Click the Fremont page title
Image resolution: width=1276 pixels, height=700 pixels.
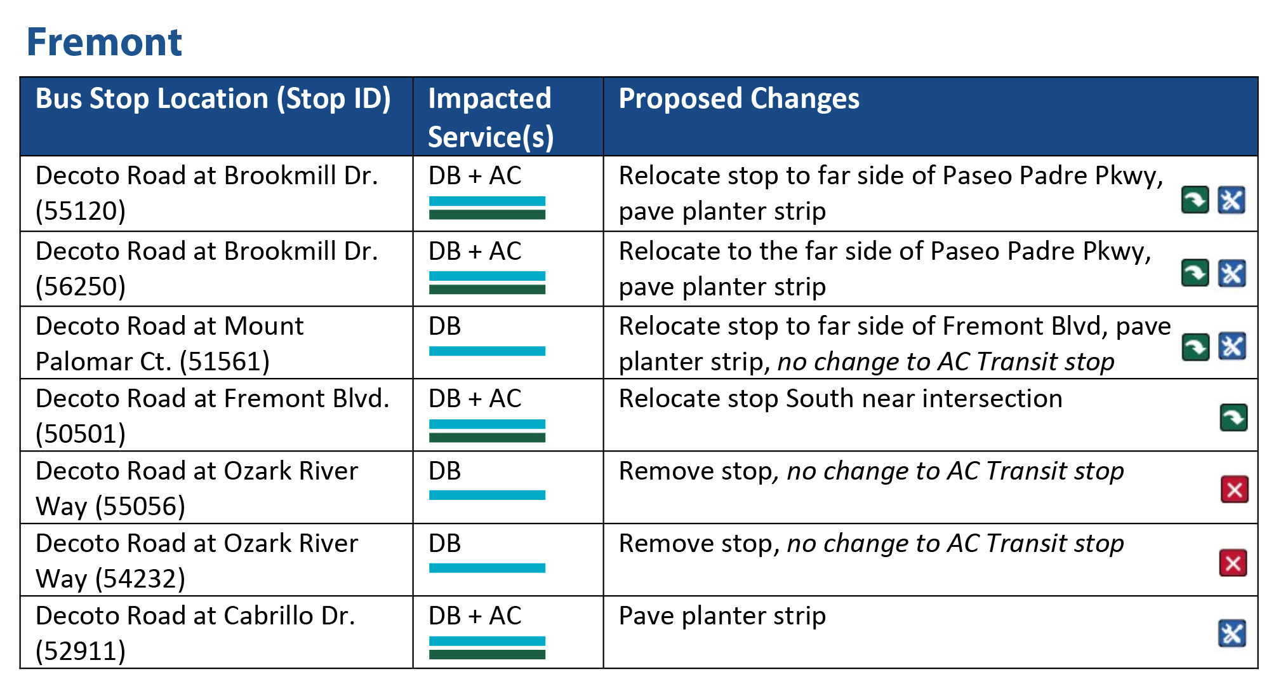[104, 43]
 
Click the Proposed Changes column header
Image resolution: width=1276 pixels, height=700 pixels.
[738, 99]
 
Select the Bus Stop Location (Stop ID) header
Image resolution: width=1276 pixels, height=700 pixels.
[213, 99]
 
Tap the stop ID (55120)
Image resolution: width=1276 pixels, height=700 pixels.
[81, 211]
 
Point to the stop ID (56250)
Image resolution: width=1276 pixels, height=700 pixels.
[81, 286]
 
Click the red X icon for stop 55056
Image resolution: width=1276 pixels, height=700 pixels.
[1234, 490]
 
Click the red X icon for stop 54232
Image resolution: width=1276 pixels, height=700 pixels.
[1233, 563]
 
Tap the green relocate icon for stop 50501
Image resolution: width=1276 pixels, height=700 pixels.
[1233, 418]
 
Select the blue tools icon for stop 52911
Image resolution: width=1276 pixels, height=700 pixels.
[1232, 633]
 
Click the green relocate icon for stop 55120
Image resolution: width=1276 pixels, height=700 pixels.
[1195, 201]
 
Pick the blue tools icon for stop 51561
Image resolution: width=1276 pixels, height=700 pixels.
[1232, 347]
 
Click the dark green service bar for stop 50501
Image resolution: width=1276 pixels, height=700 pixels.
[487, 438]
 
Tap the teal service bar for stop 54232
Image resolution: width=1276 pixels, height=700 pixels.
[487, 568]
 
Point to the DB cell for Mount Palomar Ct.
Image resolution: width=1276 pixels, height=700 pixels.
[444, 326]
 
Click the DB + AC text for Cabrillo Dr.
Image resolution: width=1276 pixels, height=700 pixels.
[475, 616]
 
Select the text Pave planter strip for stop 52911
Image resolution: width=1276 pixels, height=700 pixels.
[722, 616]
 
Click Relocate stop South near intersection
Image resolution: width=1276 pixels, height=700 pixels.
[840, 399]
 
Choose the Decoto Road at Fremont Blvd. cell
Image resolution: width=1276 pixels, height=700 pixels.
[212, 399]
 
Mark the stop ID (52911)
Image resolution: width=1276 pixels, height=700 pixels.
[81, 651]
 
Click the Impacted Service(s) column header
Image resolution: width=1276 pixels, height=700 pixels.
[490, 118]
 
